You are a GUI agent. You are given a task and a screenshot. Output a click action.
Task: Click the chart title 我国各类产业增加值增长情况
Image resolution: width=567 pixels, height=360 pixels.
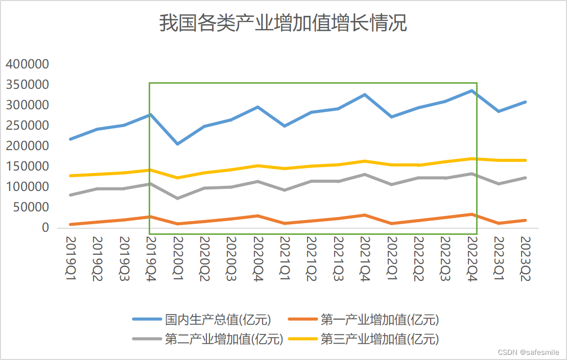283,23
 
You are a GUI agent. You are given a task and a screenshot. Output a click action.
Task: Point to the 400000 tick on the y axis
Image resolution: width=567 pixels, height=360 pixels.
27,64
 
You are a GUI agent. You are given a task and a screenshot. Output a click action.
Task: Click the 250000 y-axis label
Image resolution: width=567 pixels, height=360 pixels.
27,126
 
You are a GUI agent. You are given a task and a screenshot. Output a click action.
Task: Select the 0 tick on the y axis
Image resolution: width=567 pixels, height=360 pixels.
45,228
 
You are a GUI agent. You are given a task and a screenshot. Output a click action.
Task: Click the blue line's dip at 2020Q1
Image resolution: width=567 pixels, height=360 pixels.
177,144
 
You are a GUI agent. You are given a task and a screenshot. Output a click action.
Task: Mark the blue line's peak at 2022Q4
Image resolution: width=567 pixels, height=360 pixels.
471,90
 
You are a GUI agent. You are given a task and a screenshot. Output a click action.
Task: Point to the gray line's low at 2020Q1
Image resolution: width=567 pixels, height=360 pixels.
177,198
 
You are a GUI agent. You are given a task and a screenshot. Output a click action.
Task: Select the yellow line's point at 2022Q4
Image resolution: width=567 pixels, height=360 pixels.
471,159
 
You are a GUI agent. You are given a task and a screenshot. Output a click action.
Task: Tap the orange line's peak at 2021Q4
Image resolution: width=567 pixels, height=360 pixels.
364,215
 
